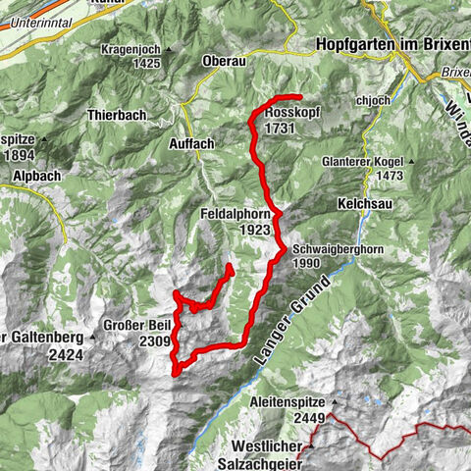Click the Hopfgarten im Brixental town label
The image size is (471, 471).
pos(393,44)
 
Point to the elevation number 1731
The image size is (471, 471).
pos(280,128)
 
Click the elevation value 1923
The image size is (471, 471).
pos(252,229)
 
